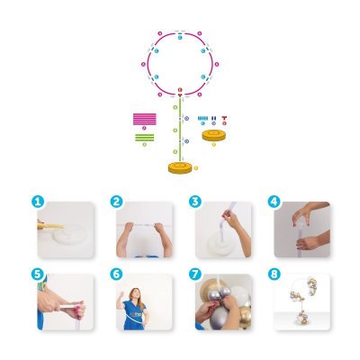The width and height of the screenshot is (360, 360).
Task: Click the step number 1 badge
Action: click(39, 202)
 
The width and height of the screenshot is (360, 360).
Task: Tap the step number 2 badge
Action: click(116, 202)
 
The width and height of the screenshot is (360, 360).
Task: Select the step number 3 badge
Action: click(194, 202)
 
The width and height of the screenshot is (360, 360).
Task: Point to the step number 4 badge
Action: click(272, 202)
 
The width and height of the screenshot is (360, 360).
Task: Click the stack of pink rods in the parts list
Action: click(144, 118)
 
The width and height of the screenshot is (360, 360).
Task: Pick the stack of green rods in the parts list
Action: click(144, 137)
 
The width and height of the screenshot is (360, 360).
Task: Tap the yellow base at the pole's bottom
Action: click(181, 166)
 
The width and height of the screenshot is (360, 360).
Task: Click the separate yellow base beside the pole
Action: click(214, 136)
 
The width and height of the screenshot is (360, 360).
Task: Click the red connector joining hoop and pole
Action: click(180, 94)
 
